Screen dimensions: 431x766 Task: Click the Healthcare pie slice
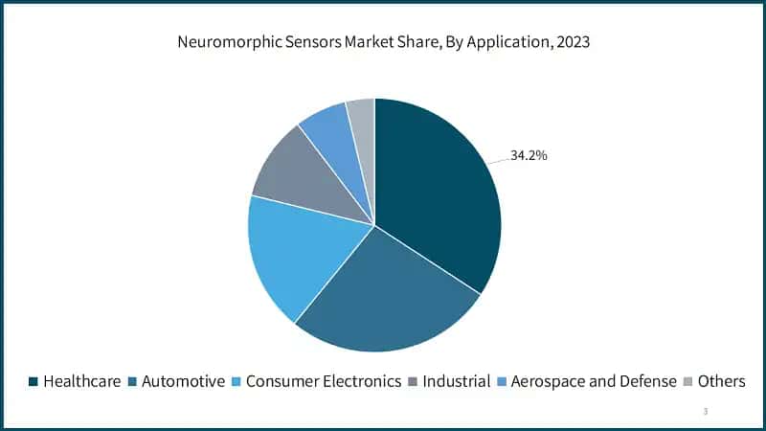(x=436, y=192)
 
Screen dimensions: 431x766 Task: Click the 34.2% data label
(x=529, y=155)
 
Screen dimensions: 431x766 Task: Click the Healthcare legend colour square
(x=34, y=381)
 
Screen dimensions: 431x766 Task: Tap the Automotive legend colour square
(x=132, y=381)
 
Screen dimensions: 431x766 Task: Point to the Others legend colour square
(x=688, y=381)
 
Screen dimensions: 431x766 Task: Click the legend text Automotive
(x=183, y=381)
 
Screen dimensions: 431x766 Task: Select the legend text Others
(x=721, y=381)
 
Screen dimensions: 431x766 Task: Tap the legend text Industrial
(x=456, y=381)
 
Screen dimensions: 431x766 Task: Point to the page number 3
(x=706, y=412)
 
